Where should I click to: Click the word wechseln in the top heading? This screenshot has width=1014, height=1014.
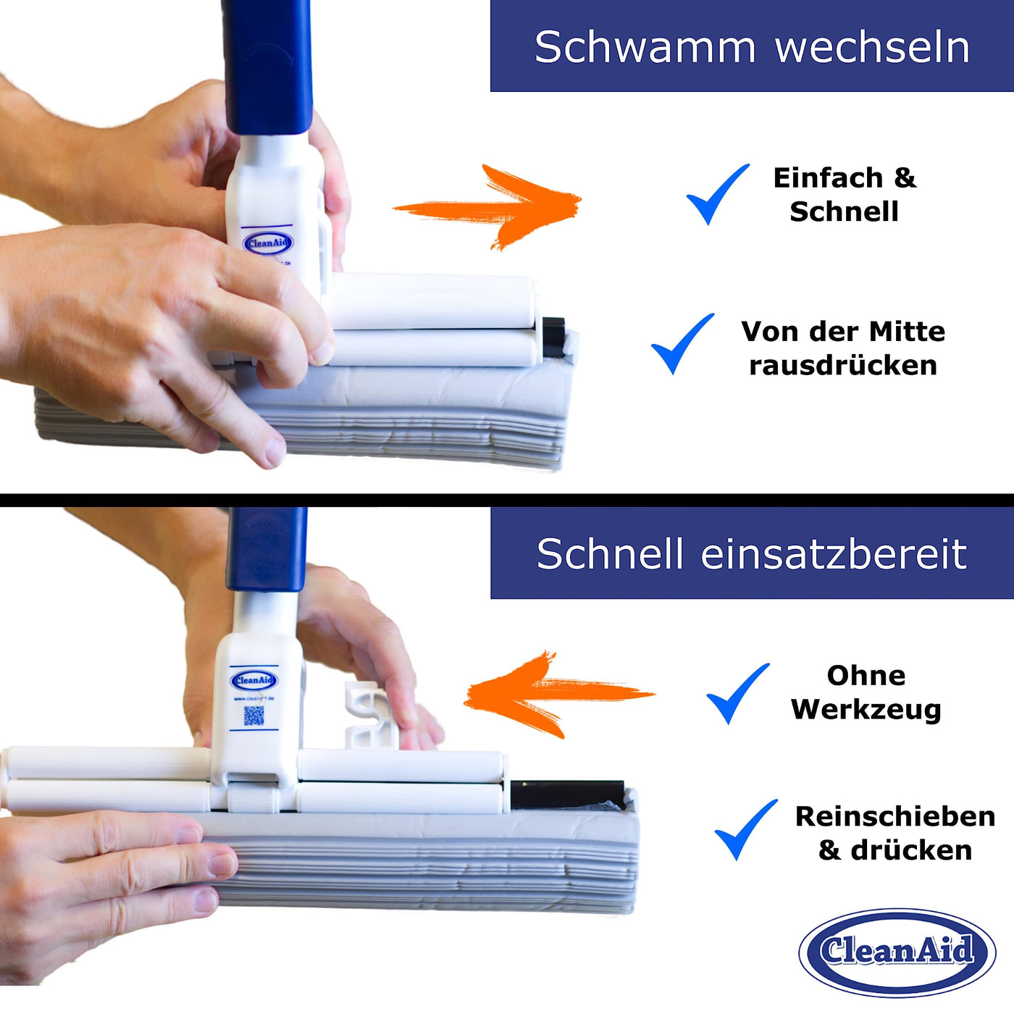tap(872, 48)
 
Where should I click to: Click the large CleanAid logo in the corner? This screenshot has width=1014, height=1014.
tap(897, 951)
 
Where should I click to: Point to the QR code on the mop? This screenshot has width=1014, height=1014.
tap(253, 716)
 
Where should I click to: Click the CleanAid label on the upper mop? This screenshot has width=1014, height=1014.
tap(267, 243)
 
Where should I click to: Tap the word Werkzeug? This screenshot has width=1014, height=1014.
tap(866, 709)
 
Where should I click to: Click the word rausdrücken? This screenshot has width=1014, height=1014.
tap(843, 366)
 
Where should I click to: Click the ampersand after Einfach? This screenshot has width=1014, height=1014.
tap(905, 177)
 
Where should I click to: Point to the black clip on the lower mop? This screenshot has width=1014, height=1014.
tap(566, 795)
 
